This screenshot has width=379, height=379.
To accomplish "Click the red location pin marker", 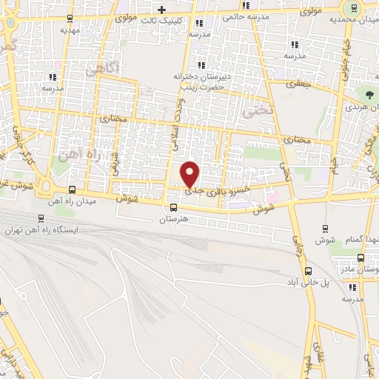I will [190, 173].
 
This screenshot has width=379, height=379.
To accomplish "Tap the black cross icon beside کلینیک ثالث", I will [161, 9].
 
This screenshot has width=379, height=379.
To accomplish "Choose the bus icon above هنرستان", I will [173, 208].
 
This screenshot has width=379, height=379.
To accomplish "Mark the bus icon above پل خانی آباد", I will [295, 272].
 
